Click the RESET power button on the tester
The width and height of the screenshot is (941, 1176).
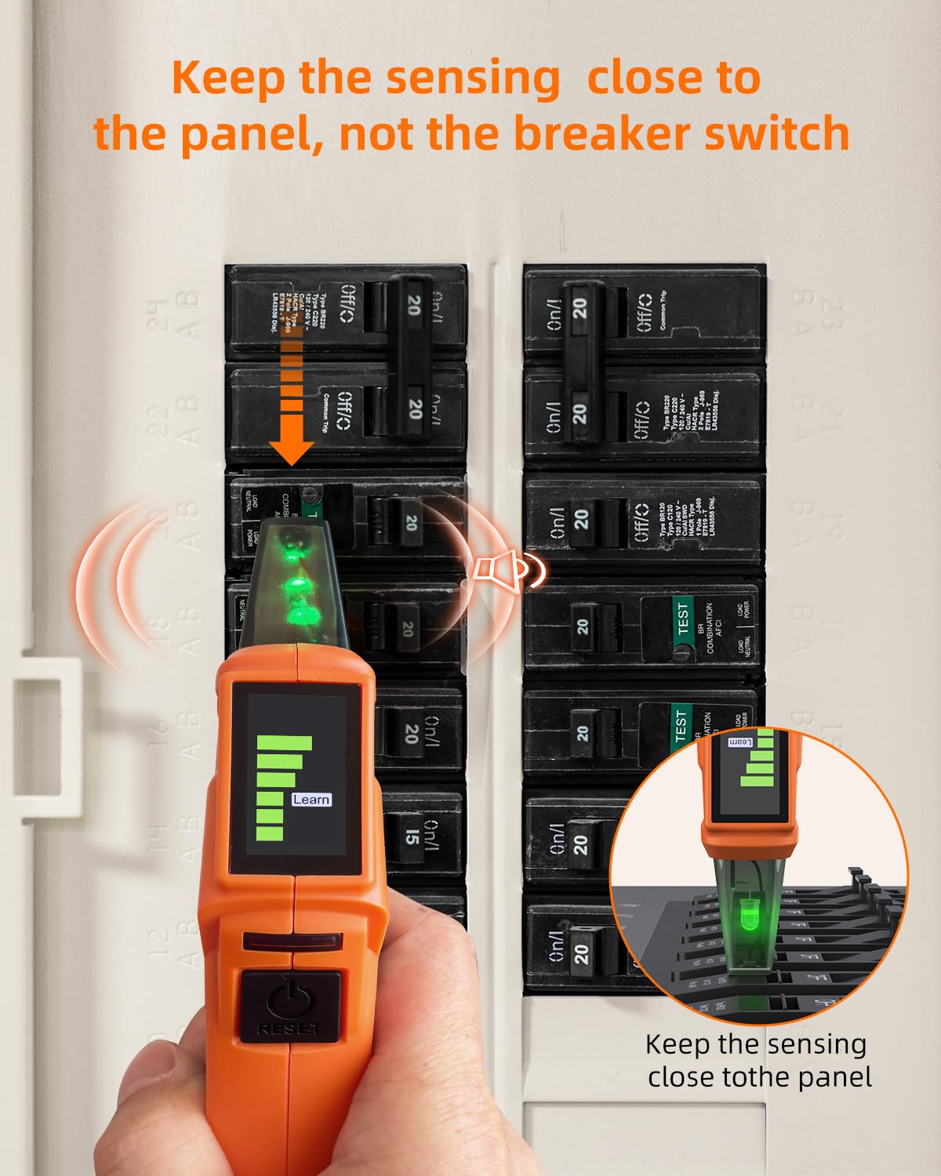click(x=289, y=1006)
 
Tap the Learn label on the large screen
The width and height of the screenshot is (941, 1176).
click(x=311, y=799)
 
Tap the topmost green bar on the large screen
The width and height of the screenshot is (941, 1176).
click(x=284, y=742)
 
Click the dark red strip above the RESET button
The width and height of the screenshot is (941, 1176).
click(x=292, y=942)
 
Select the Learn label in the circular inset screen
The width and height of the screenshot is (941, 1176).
click(x=741, y=742)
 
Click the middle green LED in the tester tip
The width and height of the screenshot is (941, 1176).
click(x=296, y=586)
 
